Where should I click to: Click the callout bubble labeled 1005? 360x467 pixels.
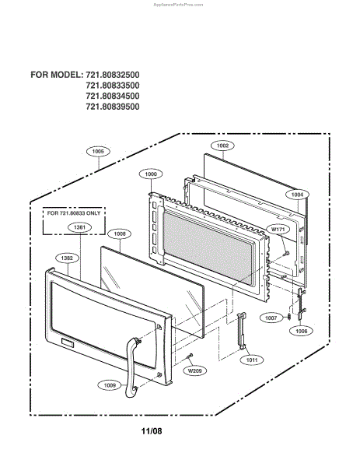98,151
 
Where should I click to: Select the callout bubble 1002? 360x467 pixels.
222,146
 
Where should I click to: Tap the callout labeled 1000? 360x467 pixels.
151,174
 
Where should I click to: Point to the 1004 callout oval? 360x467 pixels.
297,195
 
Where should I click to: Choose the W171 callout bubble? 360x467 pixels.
278,230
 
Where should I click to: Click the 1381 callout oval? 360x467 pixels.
79,227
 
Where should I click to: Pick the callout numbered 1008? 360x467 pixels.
120,234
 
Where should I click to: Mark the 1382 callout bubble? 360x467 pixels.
67,258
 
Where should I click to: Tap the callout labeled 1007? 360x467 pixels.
271,318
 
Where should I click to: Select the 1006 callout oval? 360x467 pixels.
302,331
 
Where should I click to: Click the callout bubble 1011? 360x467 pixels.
252,360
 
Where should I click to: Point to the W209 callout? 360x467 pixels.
195,370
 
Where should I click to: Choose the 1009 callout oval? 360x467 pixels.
110,385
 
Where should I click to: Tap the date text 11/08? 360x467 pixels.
152,431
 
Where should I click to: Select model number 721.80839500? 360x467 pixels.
113,107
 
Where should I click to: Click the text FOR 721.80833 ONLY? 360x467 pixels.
74,213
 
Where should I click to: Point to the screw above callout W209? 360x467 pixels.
189,356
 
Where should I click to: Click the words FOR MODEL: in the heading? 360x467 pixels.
57,75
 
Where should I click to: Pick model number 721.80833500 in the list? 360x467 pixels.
113,86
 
